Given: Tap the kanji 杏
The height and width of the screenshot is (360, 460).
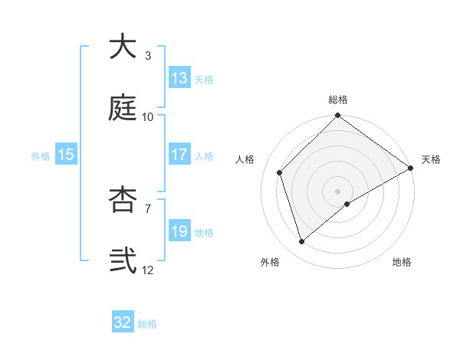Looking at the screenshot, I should pyautogui.click(x=123, y=198).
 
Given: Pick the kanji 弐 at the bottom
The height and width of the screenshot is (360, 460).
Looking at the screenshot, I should pyautogui.click(x=123, y=260).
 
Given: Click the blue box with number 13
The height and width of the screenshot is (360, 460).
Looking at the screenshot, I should pyautogui.click(x=179, y=78).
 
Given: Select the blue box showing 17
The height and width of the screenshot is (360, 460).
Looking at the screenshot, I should pyautogui.click(x=179, y=155).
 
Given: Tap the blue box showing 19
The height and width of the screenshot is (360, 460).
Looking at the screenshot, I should pyautogui.click(x=179, y=231).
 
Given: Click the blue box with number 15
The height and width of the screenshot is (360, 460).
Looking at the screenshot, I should pyautogui.click(x=66, y=155).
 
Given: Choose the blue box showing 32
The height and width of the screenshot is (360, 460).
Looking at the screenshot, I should pyautogui.click(x=123, y=322).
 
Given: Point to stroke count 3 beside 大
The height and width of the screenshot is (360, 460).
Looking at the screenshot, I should pyautogui.click(x=148, y=55).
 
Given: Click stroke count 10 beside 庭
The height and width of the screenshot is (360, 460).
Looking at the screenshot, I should pyautogui.click(x=148, y=116).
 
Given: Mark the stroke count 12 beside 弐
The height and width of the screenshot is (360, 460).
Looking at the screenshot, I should pyautogui.click(x=148, y=270).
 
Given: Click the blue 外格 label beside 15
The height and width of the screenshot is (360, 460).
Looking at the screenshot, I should pyautogui.click(x=41, y=155).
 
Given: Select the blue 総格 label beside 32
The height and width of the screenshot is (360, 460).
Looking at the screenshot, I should pyautogui.click(x=147, y=323).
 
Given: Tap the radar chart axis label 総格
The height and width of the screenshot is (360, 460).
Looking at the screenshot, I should pyautogui.click(x=338, y=100).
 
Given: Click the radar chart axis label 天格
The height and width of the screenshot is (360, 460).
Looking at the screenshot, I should pyautogui.click(x=431, y=159).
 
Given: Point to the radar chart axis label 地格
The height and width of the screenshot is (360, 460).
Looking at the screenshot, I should pyautogui.click(x=402, y=263).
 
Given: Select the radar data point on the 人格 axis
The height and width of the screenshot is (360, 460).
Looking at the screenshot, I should pyautogui.click(x=280, y=172).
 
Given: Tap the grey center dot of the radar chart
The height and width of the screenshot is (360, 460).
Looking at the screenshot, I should pyautogui.click(x=338, y=191).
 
